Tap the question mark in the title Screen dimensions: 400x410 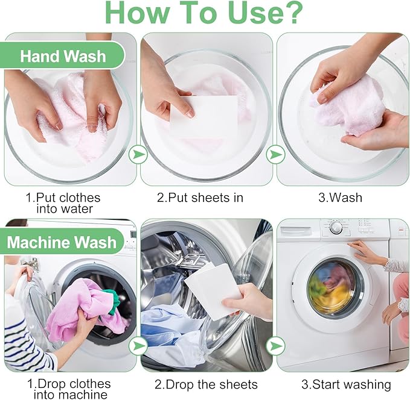291,13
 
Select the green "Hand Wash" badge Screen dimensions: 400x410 63,57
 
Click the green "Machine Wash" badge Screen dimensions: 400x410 62,243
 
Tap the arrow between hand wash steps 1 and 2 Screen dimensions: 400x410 138,154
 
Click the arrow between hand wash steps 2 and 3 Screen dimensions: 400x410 275,154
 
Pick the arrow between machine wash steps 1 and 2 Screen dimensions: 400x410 138,345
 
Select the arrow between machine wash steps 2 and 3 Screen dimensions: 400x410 275,345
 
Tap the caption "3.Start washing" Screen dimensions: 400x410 346,384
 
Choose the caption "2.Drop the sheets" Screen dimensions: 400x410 207,384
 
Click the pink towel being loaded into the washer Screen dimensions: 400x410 75,307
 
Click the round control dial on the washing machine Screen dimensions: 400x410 336,228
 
